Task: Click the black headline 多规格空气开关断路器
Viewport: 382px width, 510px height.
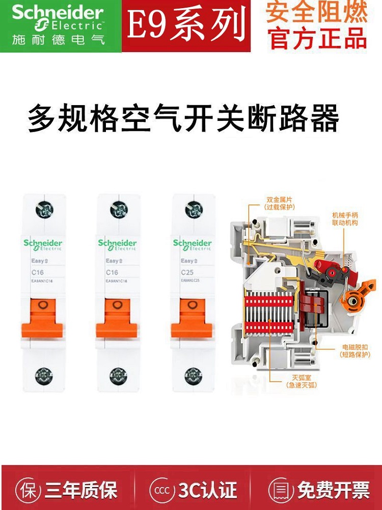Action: pyautogui.click(x=183, y=118)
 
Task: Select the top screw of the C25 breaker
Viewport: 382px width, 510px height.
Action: pyautogui.click(x=193, y=209)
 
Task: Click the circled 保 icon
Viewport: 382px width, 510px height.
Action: pyautogui.click(x=28, y=491)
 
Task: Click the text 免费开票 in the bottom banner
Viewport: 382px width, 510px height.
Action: pyautogui.click(x=334, y=491)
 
